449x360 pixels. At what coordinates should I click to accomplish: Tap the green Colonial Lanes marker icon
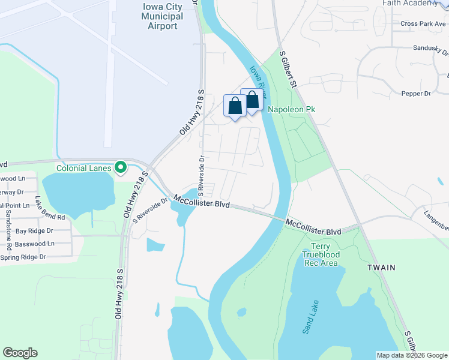pos(121,167)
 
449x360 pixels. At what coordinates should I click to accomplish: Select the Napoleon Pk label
pos(291,109)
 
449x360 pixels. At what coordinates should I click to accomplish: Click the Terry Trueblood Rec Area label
pos(325,255)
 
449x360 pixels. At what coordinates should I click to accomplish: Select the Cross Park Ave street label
pos(423,24)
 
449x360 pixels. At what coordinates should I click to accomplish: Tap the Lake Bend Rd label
pos(49,208)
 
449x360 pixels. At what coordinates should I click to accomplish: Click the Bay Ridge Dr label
pos(34,230)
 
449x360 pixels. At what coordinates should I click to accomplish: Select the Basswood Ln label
pos(35,244)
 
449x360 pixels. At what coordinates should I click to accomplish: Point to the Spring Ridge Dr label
pos(23,257)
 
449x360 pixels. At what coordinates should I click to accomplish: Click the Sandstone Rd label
pos(8,225)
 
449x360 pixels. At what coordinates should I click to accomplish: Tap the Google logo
pos(20,353)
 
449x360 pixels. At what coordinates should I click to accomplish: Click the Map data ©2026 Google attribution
pos(412,355)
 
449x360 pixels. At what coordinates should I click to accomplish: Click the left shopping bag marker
pos(235,106)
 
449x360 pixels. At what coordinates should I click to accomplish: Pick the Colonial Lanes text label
pos(84,168)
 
